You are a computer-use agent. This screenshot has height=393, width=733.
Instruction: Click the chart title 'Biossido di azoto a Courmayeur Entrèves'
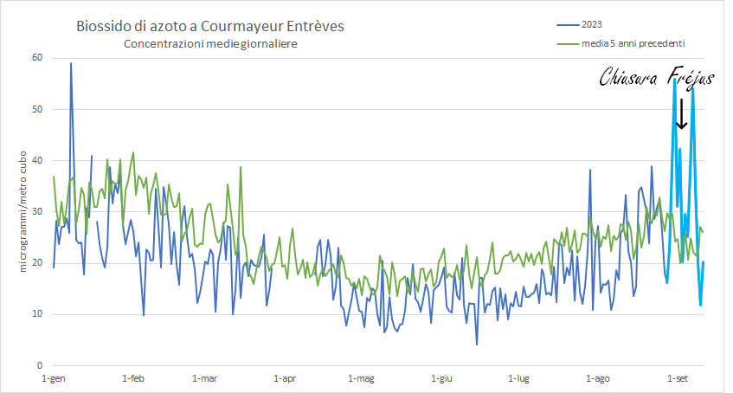(209, 27)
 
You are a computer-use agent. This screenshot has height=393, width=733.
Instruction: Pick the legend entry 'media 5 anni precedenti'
(635, 42)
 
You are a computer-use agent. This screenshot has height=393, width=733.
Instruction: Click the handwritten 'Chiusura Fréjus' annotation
(658, 79)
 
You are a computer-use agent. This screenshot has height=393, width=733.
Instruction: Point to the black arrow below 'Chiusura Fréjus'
(681, 113)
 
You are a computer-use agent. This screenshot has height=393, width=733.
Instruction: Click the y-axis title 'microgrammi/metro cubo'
(23, 210)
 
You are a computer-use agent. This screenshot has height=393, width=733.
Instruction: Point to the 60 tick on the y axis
(37, 58)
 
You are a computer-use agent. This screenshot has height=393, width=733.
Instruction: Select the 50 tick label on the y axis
(37, 110)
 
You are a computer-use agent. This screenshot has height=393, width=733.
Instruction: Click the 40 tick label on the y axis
(37, 161)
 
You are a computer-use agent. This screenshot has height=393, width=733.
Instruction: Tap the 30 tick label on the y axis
(37, 212)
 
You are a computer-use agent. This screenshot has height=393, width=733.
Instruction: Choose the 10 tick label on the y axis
(37, 314)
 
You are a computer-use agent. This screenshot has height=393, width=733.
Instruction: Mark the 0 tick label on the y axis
(40, 365)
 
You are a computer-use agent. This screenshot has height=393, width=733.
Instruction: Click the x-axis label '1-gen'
(54, 378)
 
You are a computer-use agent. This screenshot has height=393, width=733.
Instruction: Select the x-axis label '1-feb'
(133, 378)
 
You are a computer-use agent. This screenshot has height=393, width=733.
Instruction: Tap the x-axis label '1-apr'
(285, 378)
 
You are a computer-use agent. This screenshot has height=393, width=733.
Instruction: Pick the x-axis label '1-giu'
(440, 378)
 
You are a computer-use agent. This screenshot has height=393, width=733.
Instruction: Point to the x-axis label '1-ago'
(598, 378)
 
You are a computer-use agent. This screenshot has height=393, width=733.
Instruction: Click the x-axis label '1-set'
(678, 378)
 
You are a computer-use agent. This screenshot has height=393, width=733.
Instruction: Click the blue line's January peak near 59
(71, 63)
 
